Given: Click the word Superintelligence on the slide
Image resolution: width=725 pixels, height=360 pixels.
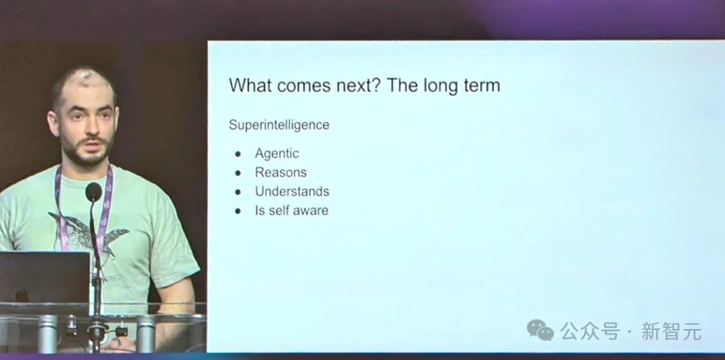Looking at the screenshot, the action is [x=279, y=125].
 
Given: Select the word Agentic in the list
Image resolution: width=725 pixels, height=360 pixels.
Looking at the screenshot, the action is [x=277, y=154].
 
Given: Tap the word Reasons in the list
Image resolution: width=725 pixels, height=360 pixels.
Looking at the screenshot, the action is [x=281, y=173].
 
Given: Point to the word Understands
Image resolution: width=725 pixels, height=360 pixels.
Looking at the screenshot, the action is [x=292, y=191].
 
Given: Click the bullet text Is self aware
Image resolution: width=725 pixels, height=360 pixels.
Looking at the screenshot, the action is [x=291, y=210].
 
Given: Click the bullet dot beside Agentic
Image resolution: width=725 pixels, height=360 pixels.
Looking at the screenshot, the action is [x=238, y=154].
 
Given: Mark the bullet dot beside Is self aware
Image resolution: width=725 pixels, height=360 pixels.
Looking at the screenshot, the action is [x=238, y=211].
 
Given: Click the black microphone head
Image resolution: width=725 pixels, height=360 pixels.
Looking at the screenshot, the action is [x=94, y=191].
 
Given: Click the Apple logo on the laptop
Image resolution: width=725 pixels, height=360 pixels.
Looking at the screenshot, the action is [x=21, y=295].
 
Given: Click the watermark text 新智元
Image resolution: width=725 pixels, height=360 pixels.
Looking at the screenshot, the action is [x=671, y=331].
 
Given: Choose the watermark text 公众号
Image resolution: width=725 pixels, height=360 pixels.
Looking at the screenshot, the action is [x=590, y=331].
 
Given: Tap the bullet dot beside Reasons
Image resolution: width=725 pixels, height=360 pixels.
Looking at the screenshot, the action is [x=238, y=173].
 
